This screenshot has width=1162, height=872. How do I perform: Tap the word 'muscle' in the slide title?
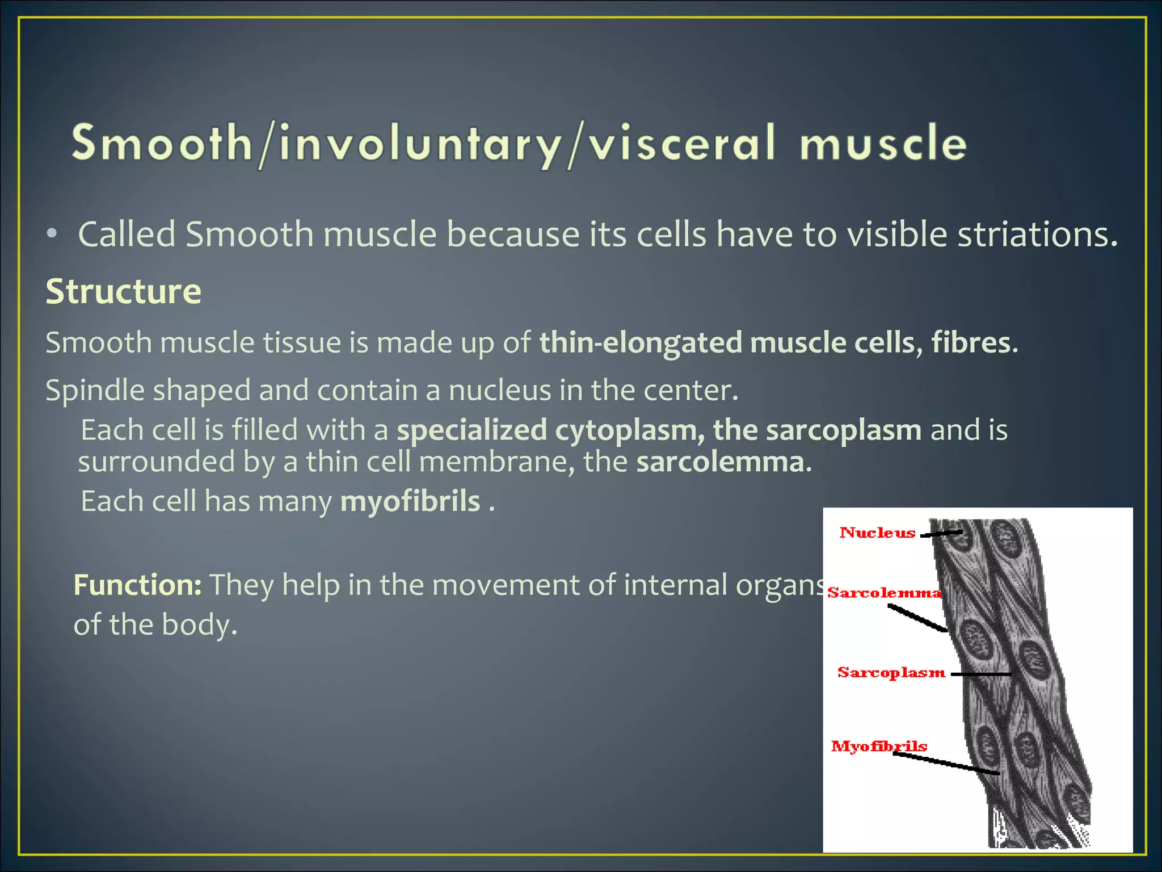pos(883,143)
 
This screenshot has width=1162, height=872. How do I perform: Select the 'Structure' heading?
pos(123,292)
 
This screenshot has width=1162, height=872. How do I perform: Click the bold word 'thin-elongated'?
pos(641,342)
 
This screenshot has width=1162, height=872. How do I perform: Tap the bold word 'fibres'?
pos(971,342)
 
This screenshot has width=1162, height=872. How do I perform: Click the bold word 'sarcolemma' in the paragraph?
pos(720,462)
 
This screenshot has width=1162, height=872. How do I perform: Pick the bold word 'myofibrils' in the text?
pos(410,501)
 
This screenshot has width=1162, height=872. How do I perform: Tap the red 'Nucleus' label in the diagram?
pos(877,533)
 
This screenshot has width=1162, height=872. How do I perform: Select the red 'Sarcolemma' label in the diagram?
pos(883,593)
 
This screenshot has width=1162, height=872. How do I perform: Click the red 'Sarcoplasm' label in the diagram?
pos(891,673)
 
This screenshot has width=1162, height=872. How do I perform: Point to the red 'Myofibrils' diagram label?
pos(878,746)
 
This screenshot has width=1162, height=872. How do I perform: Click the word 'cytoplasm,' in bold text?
pos(629,430)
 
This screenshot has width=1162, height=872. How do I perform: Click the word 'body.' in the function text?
pos(199,624)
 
